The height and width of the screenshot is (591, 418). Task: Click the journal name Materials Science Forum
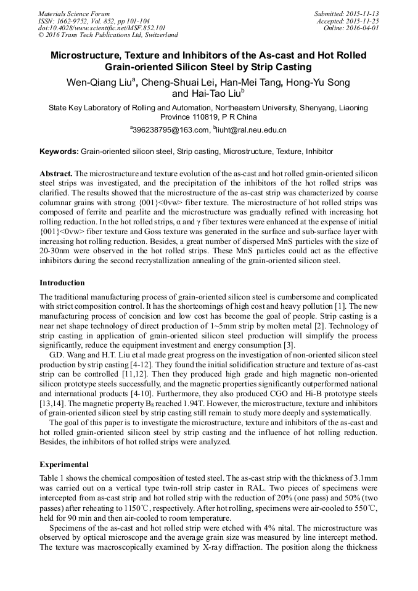74,14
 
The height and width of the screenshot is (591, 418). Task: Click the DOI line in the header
102,28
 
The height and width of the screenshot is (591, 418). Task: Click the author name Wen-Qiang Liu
99,83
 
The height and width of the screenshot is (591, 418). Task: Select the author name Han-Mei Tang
252,83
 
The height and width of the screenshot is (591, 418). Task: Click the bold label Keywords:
59,152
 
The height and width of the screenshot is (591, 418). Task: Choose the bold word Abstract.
57,174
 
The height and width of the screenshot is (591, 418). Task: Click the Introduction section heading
62,283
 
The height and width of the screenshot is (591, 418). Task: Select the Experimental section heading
64,464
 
